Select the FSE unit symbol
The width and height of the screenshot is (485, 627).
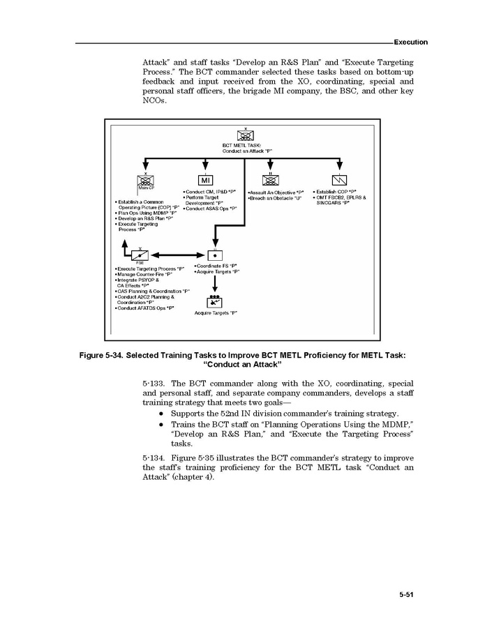click(141, 255)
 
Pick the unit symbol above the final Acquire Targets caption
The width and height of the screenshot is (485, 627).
click(214, 301)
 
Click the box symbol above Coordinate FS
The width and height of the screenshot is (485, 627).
click(215, 255)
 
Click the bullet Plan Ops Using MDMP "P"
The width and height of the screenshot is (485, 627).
click(146, 213)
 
